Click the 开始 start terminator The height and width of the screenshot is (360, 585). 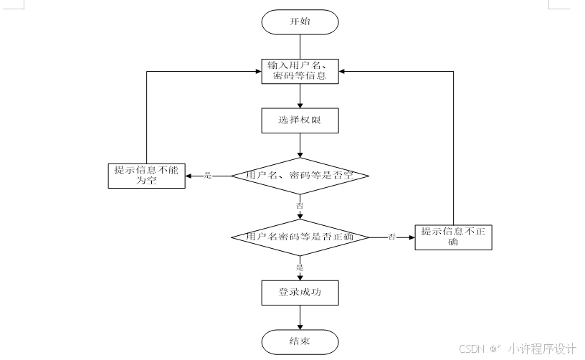pyautogui.click(x=299, y=22)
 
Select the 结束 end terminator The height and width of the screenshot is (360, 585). pyautogui.click(x=299, y=341)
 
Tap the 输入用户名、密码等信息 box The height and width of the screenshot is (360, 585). pyautogui.click(x=299, y=71)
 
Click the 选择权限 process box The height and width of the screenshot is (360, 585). pyautogui.click(x=299, y=121)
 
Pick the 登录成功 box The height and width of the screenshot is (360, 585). pyautogui.click(x=299, y=292)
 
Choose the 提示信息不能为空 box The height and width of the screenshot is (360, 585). pyautogui.click(x=146, y=176)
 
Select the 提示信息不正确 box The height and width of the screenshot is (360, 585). pyautogui.click(x=453, y=237)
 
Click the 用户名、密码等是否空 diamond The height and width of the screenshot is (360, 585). pyautogui.click(x=299, y=176)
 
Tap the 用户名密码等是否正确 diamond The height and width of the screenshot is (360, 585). pyautogui.click(x=299, y=237)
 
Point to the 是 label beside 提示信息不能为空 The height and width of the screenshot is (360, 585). pyautogui.click(x=208, y=176)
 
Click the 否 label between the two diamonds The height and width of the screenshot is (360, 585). pyautogui.click(x=300, y=206)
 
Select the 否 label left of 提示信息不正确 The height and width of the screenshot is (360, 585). pyautogui.click(x=392, y=237)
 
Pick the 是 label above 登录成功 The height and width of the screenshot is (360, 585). pyautogui.click(x=300, y=267)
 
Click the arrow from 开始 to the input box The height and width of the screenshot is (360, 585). pyautogui.click(x=300, y=46)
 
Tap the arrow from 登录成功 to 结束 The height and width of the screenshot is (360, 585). pyautogui.click(x=300, y=317)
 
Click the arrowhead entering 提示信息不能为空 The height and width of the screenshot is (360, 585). pyautogui.click(x=189, y=176)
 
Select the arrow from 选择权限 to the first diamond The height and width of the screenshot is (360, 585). pyautogui.click(x=300, y=146)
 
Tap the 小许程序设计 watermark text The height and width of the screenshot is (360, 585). pyautogui.click(x=542, y=349)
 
